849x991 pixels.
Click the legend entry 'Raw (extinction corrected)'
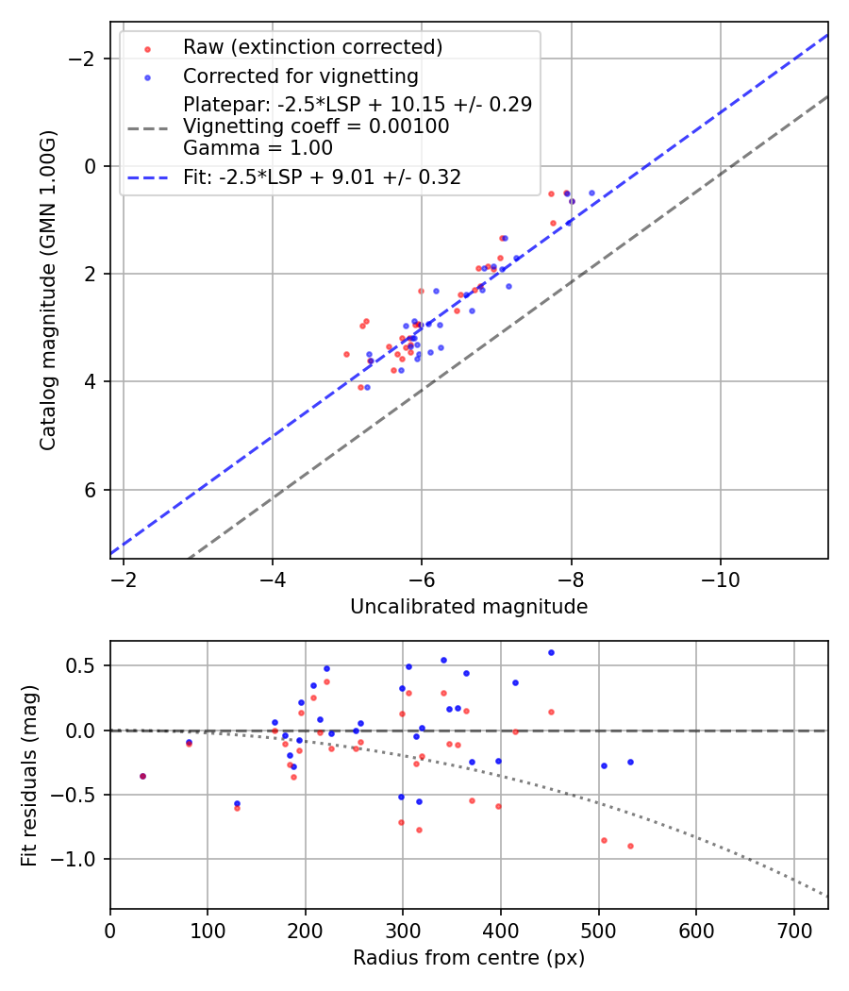click(312, 47)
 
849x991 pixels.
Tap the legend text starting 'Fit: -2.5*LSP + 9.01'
click(323, 176)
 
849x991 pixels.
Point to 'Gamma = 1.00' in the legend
click(258, 147)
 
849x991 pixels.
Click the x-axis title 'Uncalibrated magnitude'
click(469, 607)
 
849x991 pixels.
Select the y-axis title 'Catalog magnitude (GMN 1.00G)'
click(48, 291)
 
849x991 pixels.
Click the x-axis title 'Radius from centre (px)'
click(469, 958)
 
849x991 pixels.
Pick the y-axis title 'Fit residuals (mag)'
click(29, 775)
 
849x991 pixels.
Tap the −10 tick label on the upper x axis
click(720, 576)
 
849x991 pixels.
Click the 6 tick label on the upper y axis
click(92, 490)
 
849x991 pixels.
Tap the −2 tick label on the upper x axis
click(124, 576)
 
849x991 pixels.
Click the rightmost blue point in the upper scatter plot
click(592, 193)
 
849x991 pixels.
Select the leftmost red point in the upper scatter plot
click(346, 354)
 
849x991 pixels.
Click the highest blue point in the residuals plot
click(551, 652)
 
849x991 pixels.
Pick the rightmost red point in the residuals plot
click(630, 846)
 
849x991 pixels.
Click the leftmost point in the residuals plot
click(142, 776)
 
